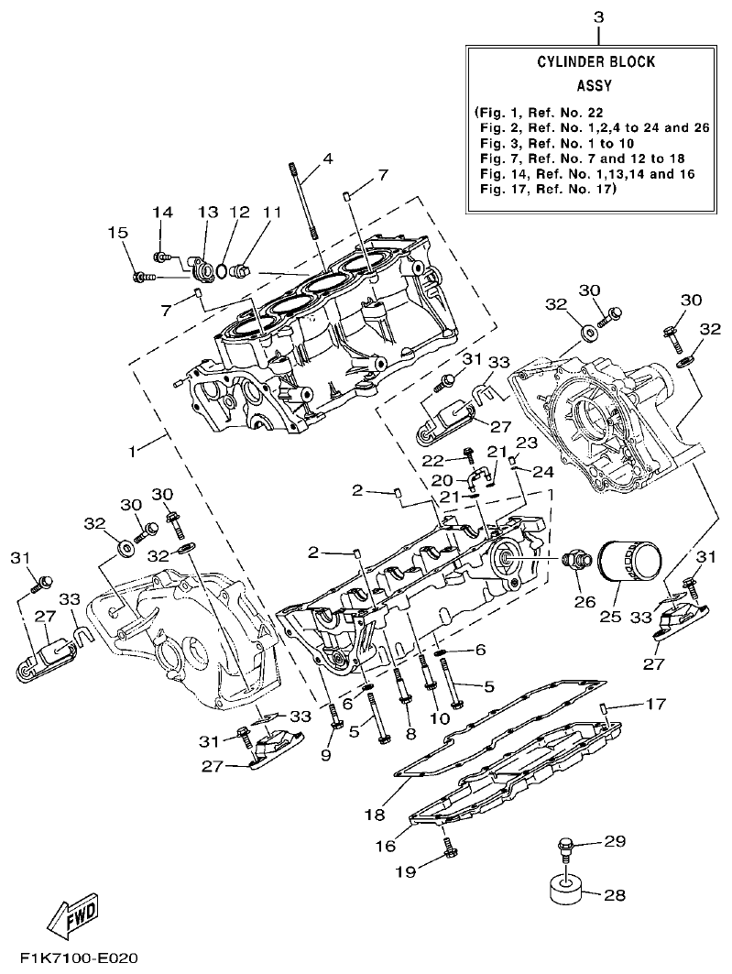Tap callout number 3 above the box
(598, 17)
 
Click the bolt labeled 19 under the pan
(449, 852)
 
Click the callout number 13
(207, 213)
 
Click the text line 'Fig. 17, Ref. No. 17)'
(548, 190)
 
